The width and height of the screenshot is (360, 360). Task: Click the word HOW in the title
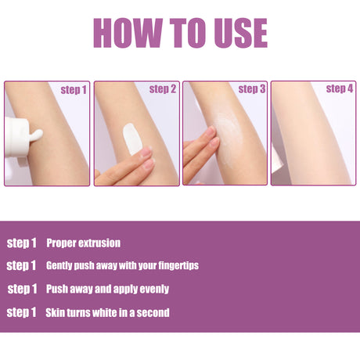128,33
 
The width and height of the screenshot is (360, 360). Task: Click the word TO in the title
188,33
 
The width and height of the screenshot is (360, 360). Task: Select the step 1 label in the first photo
74,90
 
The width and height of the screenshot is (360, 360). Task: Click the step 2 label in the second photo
163,89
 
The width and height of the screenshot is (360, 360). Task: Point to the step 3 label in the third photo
252,89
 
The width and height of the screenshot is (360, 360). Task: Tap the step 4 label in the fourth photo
340,88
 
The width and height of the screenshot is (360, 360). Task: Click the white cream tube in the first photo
16,137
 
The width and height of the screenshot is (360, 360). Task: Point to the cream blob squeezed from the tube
36,135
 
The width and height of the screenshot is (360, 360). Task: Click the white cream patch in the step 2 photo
132,139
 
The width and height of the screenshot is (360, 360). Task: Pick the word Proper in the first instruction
62,243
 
